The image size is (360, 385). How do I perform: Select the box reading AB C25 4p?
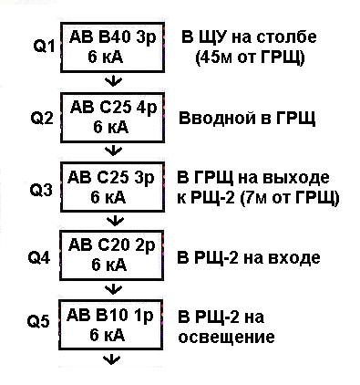[x=114, y=118]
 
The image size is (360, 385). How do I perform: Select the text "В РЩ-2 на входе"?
[x=249, y=258]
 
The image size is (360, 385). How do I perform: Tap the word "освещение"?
[x=226, y=337]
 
